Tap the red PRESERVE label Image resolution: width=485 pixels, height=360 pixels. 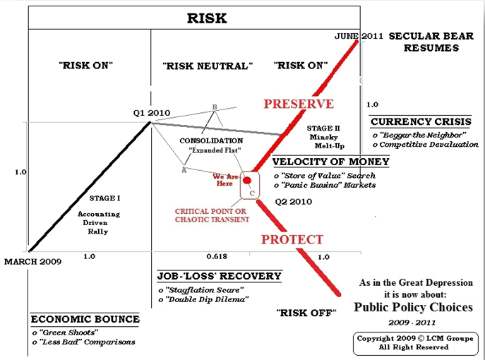click(x=299, y=104)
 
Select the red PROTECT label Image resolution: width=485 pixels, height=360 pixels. click(x=292, y=239)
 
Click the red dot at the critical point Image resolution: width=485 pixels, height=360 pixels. click(x=246, y=180)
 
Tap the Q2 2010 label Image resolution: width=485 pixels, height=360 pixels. click(x=290, y=201)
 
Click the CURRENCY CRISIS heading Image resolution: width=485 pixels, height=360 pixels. click(x=421, y=121)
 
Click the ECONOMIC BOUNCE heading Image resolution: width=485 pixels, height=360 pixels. click(x=76, y=318)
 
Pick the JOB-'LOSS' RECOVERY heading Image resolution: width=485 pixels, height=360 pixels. click(x=218, y=275)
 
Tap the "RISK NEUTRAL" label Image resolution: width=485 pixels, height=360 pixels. click(x=208, y=66)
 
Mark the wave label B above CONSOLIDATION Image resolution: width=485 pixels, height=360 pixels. click(x=215, y=107)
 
